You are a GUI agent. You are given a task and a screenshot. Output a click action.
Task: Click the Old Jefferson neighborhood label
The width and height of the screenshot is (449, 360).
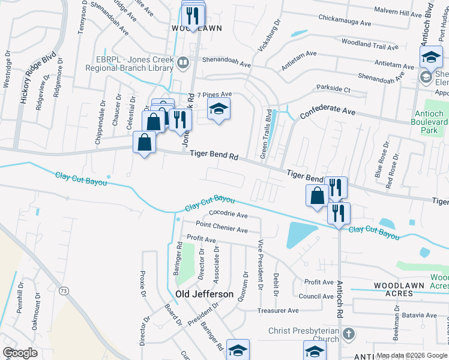[x=204, y=294]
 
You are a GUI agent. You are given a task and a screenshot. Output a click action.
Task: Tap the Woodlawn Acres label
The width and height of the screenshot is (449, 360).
[x=394, y=289]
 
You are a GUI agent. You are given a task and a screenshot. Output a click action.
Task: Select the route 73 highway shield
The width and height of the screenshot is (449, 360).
[x=63, y=290]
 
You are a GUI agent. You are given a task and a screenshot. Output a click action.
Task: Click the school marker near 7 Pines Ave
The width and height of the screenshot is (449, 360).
[x=218, y=109]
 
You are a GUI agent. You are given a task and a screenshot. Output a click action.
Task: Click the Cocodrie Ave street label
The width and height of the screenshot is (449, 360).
[x=228, y=215]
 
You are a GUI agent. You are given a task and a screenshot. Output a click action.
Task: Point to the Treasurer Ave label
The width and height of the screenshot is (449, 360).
[x=278, y=310]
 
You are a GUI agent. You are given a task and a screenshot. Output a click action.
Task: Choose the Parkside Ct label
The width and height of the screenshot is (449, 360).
[x=333, y=89]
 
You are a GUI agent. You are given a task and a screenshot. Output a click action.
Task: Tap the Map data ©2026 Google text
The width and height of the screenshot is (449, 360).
[x=412, y=355]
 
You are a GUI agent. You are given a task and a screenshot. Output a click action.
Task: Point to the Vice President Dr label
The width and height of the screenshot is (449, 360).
[x=261, y=265]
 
